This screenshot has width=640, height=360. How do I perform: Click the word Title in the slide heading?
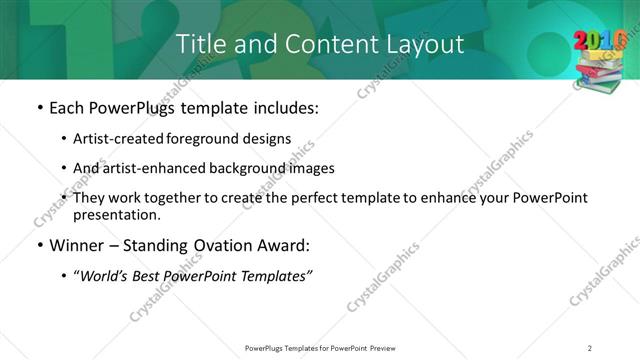pos(200,44)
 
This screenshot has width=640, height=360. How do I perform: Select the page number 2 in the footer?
pos(590,347)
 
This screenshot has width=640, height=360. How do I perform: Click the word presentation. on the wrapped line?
pos(116,215)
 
